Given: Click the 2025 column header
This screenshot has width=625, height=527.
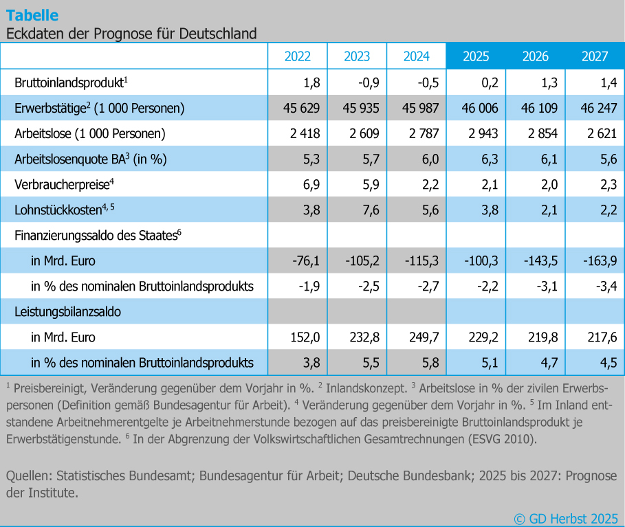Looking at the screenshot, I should [x=476, y=56].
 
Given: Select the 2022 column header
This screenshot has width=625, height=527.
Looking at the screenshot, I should [x=298, y=56].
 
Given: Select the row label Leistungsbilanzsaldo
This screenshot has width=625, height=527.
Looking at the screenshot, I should [x=67, y=311].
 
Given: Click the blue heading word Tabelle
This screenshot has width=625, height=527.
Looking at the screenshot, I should [x=32, y=15].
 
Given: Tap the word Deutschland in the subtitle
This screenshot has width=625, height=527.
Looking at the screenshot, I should [x=219, y=33].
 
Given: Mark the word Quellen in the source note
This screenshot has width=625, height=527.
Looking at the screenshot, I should [x=28, y=475].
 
